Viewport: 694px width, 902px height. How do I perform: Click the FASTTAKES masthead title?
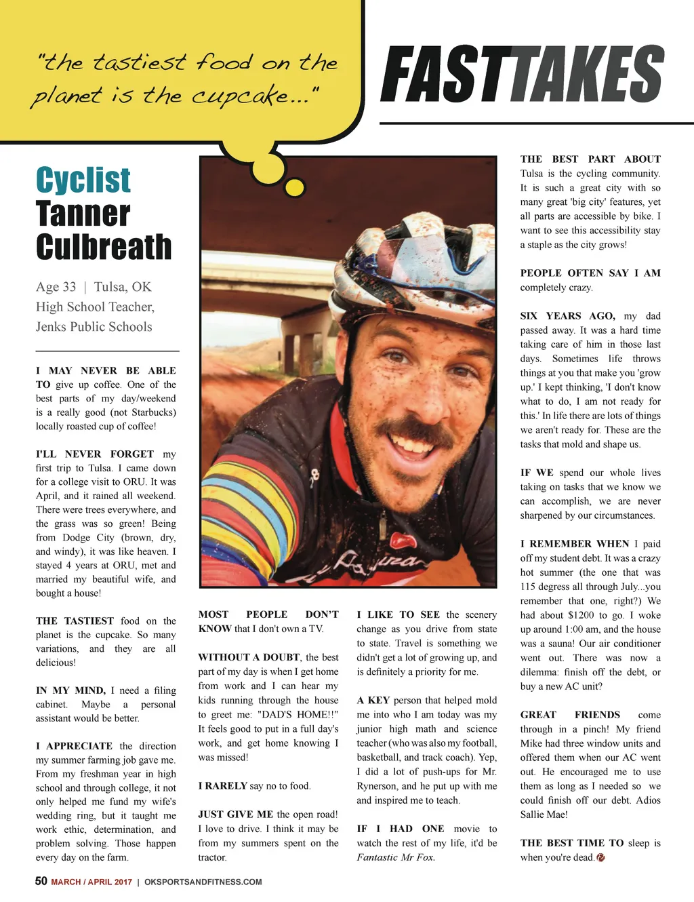(x=522, y=75)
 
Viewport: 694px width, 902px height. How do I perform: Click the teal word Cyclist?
(x=83, y=180)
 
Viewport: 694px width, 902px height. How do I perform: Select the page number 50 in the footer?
(x=41, y=881)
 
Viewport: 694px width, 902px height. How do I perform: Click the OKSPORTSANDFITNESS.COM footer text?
(x=203, y=882)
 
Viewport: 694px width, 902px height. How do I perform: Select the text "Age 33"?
(x=56, y=287)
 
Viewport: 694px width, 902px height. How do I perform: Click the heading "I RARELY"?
(x=222, y=786)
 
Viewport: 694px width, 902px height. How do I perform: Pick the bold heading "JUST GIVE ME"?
(x=235, y=815)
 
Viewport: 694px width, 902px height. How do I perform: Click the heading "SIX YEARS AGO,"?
(x=568, y=316)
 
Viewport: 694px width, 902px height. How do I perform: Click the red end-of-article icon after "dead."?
(x=600, y=857)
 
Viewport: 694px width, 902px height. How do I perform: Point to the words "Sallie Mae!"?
(x=544, y=815)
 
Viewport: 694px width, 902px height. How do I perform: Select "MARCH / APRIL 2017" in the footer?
(x=91, y=882)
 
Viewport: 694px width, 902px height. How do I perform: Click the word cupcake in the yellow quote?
(x=241, y=96)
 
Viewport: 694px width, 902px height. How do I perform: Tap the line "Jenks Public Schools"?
(x=94, y=327)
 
